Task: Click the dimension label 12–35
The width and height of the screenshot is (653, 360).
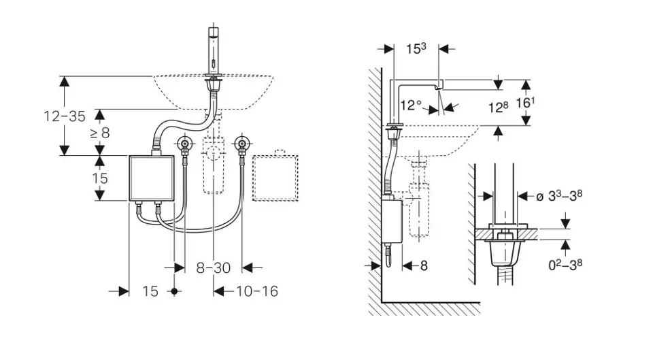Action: pyautogui.click(x=65, y=116)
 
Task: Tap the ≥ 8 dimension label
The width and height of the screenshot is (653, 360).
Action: pyautogui.click(x=99, y=133)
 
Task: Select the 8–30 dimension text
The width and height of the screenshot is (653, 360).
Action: pyautogui.click(x=213, y=267)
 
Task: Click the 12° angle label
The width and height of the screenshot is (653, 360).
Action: pyautogui.click(x=412, y=105)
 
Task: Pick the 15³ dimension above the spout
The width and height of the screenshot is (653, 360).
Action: pyautogui.click(x=416, y=49)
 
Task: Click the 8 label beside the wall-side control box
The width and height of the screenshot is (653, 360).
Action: pyautogui.click(x=423, y=266)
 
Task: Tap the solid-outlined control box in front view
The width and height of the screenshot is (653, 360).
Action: pyautogui.click(x=150, y=178)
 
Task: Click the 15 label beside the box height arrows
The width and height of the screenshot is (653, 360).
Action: pyautogui.click(x=100, y=178)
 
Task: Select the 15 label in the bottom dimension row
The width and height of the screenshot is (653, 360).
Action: pyautogui.click(x=150, y=291)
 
